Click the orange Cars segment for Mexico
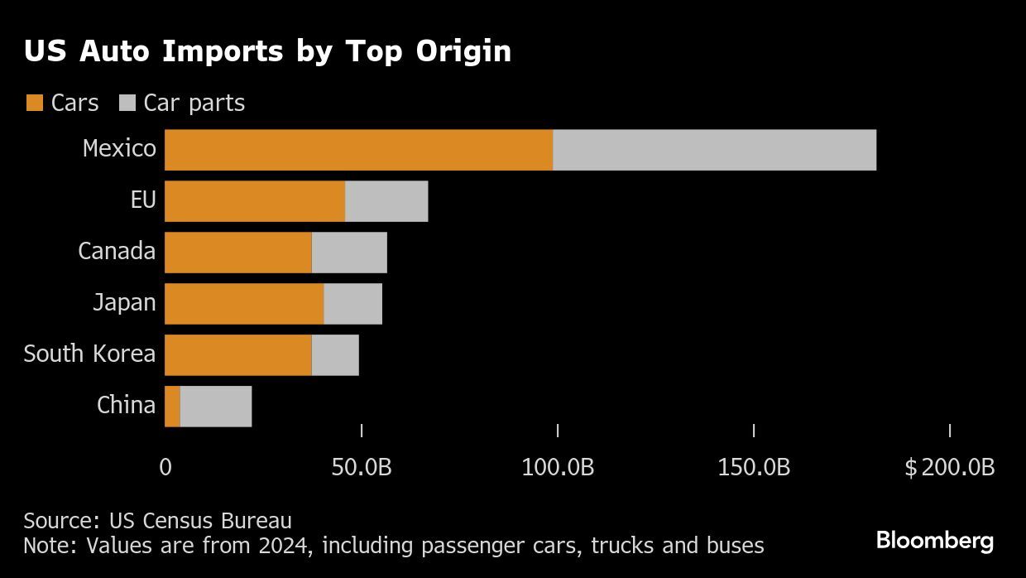point(358,150)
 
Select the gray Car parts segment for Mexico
point(714,150)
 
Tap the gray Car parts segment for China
point(215,406)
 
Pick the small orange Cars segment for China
point(172,406)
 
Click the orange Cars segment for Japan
point(244,303)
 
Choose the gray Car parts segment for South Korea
point(335,354)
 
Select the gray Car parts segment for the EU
point(386,201)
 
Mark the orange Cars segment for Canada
point(238,253)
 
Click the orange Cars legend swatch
point(34,104)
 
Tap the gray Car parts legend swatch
point(127,104)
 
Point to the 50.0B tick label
point(362,468)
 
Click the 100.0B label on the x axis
point(558,468)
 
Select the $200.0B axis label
point(949,468)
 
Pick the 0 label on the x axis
point(165,468)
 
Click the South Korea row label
point(89,354)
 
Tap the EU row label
point(143,200)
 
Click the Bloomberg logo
point(934,541)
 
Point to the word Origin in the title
point(464,52)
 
